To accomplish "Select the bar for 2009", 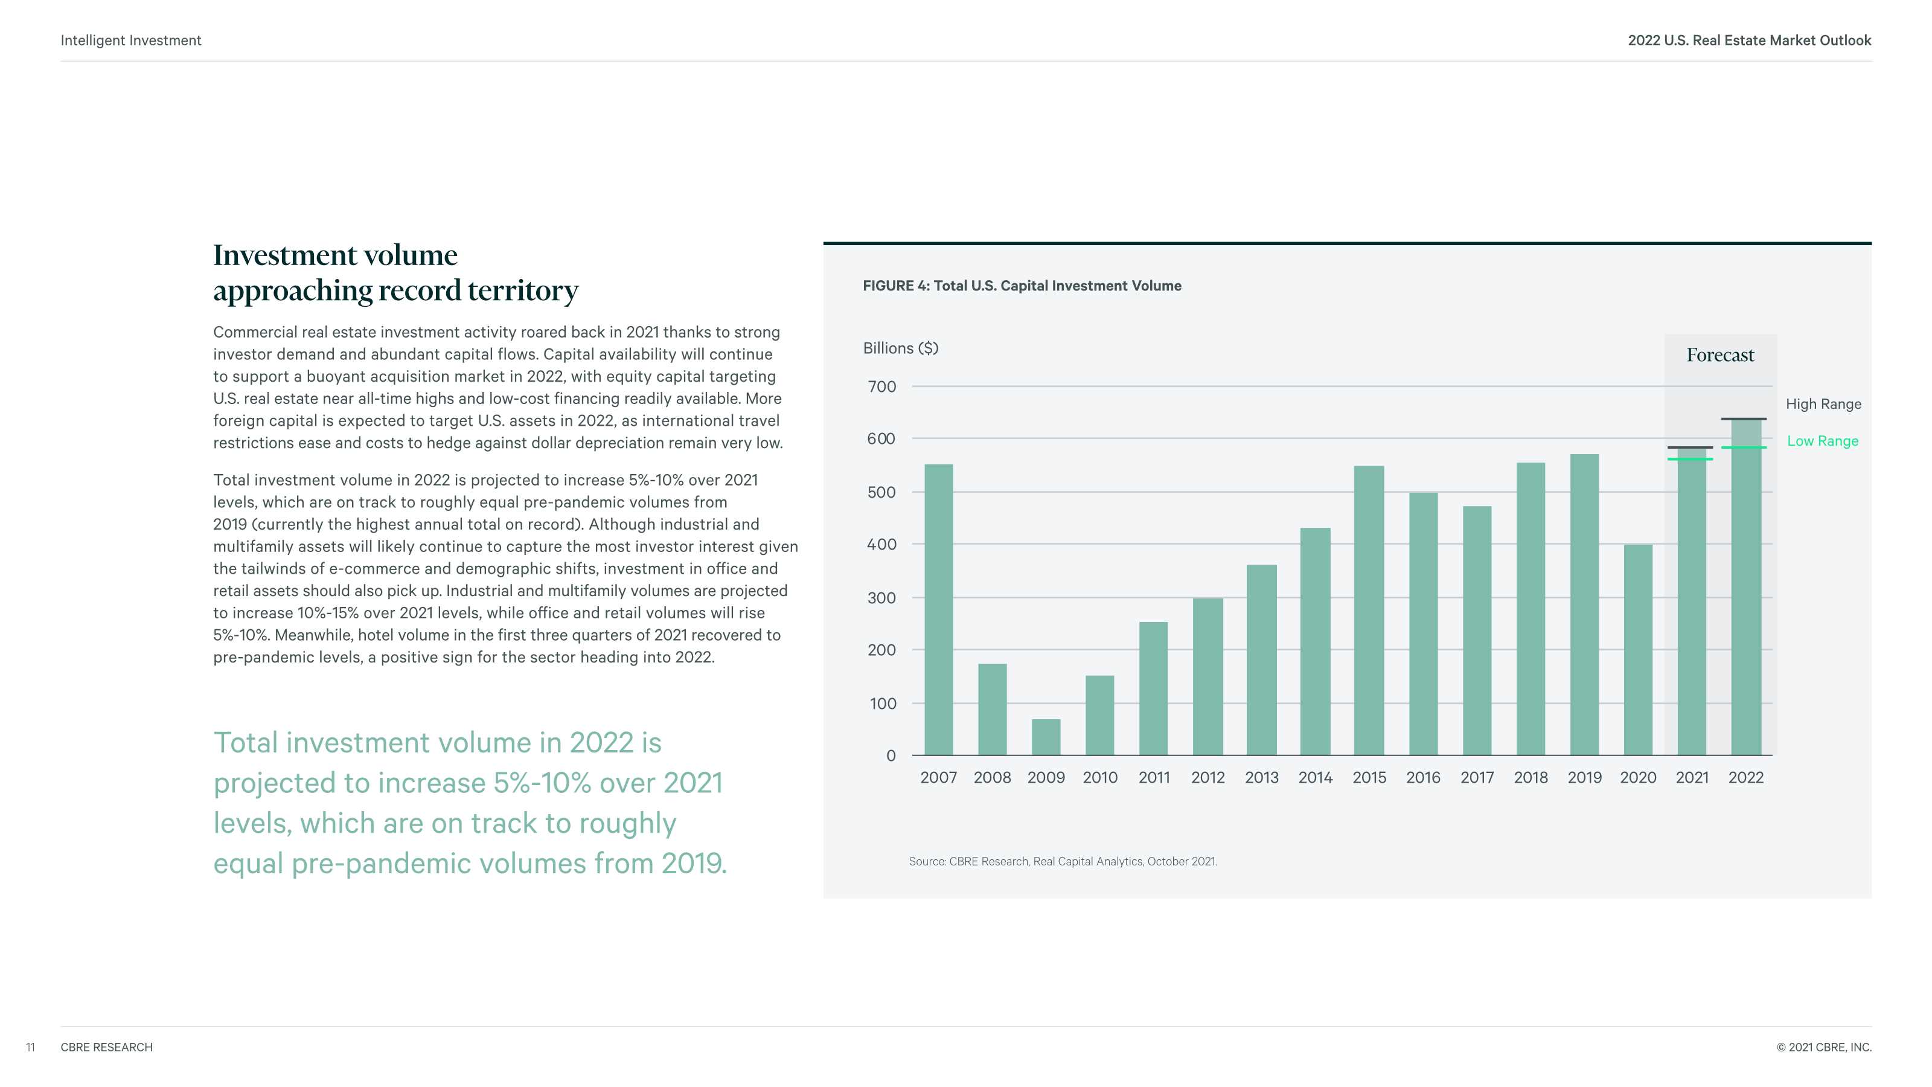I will click(x=1046, y=737).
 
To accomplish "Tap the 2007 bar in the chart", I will click(x=938, y=609).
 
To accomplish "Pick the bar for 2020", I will click(x=1638, y=649).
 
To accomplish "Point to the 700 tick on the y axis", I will click(x=881, y=387).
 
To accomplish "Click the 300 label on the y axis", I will click(x=881, y=598).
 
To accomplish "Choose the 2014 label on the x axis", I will click(x=1316, y=778).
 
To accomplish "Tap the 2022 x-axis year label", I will click(x=1746, y=778).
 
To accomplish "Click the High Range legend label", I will click(x=1823, y=405).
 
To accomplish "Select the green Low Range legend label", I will click(x=1823, y=441).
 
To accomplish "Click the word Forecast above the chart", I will click(x=1721, y=355).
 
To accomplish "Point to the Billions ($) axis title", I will click(x=901, y=348).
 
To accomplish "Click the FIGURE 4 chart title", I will click(x=1022, y=286).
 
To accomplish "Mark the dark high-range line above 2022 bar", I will click(x=1744, y=418).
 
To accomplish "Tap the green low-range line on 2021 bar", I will click(x=1690, y=459).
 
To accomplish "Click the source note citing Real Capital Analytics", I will click(x=1063, y=861).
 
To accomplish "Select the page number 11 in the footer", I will click(x=30, y=1047).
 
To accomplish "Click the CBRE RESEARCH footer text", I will click(x=106, y=1047).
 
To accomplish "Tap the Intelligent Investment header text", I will click(x=131, y=40).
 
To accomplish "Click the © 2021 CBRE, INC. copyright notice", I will click(x=1823, y=1047).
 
